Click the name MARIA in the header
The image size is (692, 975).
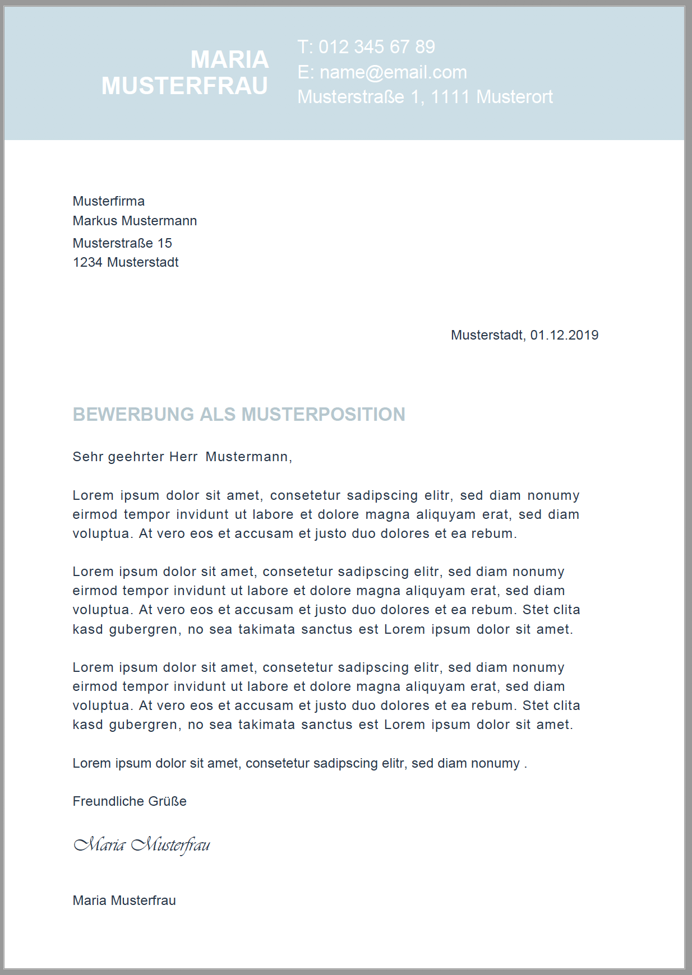[229, 59]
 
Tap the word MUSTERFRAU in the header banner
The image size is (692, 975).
[184, 86]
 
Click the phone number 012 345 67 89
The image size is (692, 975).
[377, 47]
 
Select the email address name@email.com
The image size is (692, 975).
[393, 72]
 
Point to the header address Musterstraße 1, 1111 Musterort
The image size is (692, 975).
[425, 97]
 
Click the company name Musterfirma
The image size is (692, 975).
[109, 201]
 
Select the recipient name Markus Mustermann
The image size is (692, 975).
[135, 221]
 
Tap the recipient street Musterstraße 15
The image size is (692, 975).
[122, 243]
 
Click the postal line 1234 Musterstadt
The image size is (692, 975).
[126, 262]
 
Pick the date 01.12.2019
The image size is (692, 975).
[564, 335]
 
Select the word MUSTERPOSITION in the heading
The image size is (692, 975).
[323, 415]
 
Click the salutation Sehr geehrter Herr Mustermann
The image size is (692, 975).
[182, 457]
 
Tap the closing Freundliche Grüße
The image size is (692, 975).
[130, 801]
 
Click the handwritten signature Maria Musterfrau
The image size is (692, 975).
[142, 845]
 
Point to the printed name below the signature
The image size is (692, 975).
[124, 900]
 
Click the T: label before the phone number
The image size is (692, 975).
[305, 47]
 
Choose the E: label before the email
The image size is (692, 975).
[305, 72]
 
